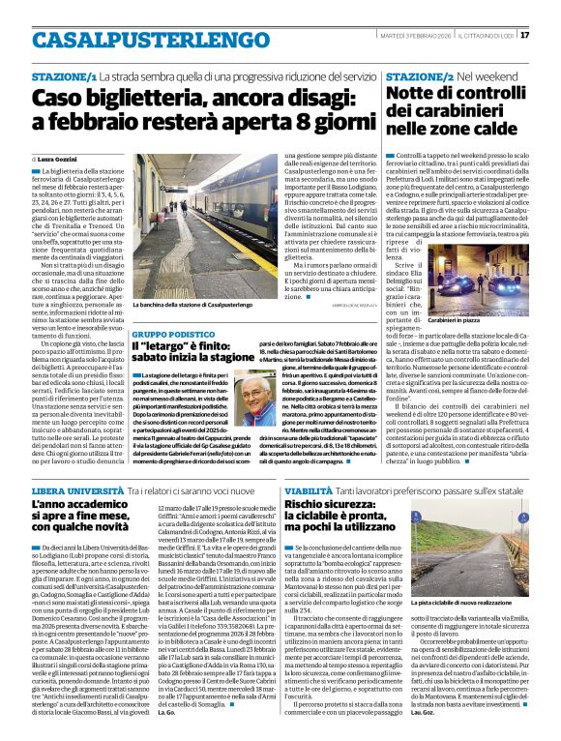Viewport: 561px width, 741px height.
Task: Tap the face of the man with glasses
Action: click(255, 398)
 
